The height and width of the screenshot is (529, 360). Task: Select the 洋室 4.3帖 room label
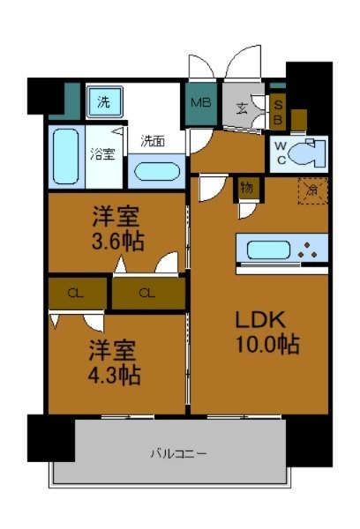114,361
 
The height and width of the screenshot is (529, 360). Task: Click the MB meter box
200,102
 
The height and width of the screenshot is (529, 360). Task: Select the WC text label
280,153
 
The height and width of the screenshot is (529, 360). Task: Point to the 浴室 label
102,154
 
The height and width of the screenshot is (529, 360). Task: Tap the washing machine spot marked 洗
104,101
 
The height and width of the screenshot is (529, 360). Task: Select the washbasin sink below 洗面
157,169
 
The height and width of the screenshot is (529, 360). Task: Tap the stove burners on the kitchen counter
309,249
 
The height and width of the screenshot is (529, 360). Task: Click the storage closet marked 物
246,188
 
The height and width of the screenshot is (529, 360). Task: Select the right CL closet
146,293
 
